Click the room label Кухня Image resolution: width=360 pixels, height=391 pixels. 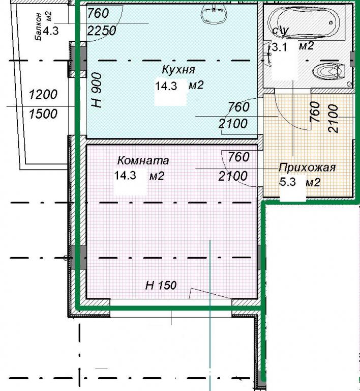(178, 69)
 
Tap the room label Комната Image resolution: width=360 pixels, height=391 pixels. (143, 160)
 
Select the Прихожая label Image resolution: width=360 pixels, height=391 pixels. (307, 167)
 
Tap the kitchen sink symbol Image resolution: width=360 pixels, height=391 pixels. (214, 14)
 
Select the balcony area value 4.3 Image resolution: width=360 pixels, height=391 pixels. (51, 32)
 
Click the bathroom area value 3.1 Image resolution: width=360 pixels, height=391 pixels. (279, 47)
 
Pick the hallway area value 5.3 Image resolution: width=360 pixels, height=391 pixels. (288, 182)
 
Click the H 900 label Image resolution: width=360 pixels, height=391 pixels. (97, 90)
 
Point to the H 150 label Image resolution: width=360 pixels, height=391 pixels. (161, 285)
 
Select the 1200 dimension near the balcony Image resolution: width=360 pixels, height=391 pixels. (43, 95)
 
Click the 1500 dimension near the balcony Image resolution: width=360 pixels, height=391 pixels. (43, 114)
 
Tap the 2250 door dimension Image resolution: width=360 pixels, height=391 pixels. (102, 31)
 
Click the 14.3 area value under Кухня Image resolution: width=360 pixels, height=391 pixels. (166, 86)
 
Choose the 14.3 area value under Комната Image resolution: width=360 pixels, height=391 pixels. (125, 175)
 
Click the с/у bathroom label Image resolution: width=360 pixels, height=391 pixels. (281, 31)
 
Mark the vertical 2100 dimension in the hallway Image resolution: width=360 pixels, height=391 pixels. (334, 119)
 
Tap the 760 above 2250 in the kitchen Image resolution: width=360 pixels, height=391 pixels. (98, 13)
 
